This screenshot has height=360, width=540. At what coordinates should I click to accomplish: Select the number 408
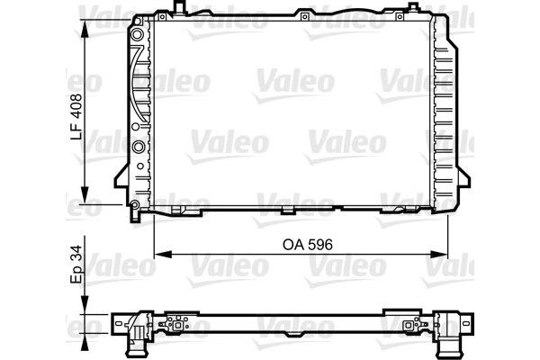[77, 105]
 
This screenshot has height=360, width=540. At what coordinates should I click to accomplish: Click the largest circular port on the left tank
[139, 147]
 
